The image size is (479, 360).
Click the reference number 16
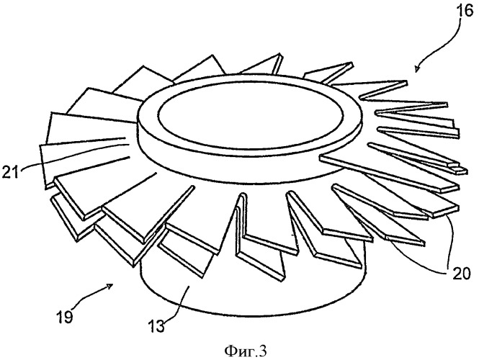(465, 12)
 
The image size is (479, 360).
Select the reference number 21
(10, 173)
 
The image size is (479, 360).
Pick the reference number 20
(462, 274)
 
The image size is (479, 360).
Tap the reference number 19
(64, 318)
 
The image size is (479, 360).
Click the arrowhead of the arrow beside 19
(110, 286)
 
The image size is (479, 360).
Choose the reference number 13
(157, 326)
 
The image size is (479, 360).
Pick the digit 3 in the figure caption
(263, 351)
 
